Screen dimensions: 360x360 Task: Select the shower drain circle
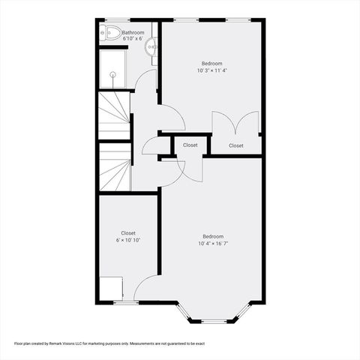(114, 73)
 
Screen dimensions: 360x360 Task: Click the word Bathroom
(133, 32)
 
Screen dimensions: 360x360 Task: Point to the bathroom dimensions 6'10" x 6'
(133, 39)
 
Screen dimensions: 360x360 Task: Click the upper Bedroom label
(211, 64)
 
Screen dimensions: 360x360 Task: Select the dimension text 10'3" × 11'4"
(211, 71)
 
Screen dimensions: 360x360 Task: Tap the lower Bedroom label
(212, 236)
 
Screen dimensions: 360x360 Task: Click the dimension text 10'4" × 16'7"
(212, 244)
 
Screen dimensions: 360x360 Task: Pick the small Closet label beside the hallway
(190, 145)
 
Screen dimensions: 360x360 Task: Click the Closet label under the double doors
(235, 145)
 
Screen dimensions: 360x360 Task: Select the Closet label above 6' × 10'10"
(128, 232)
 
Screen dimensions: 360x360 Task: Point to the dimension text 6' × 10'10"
(128, 240)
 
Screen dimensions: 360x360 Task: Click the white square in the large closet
(111, 288)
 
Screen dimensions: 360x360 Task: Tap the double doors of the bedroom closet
(235, 123)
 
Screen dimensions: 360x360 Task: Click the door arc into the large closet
(147, 286)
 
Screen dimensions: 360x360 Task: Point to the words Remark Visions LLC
(77, 343)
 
